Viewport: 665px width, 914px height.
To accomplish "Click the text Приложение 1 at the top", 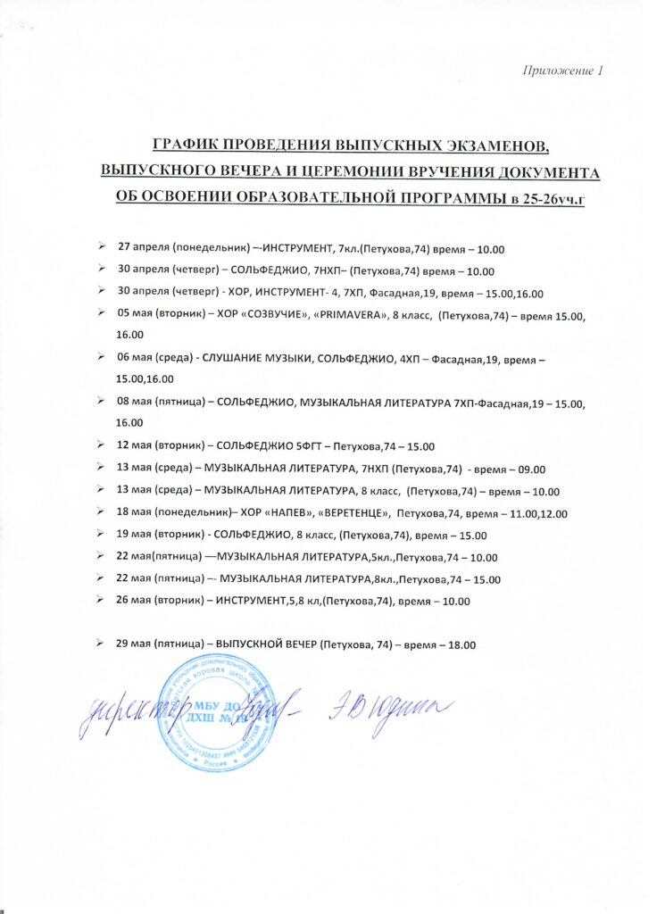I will point(562,71).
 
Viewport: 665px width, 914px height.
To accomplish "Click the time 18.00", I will point(459,644).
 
